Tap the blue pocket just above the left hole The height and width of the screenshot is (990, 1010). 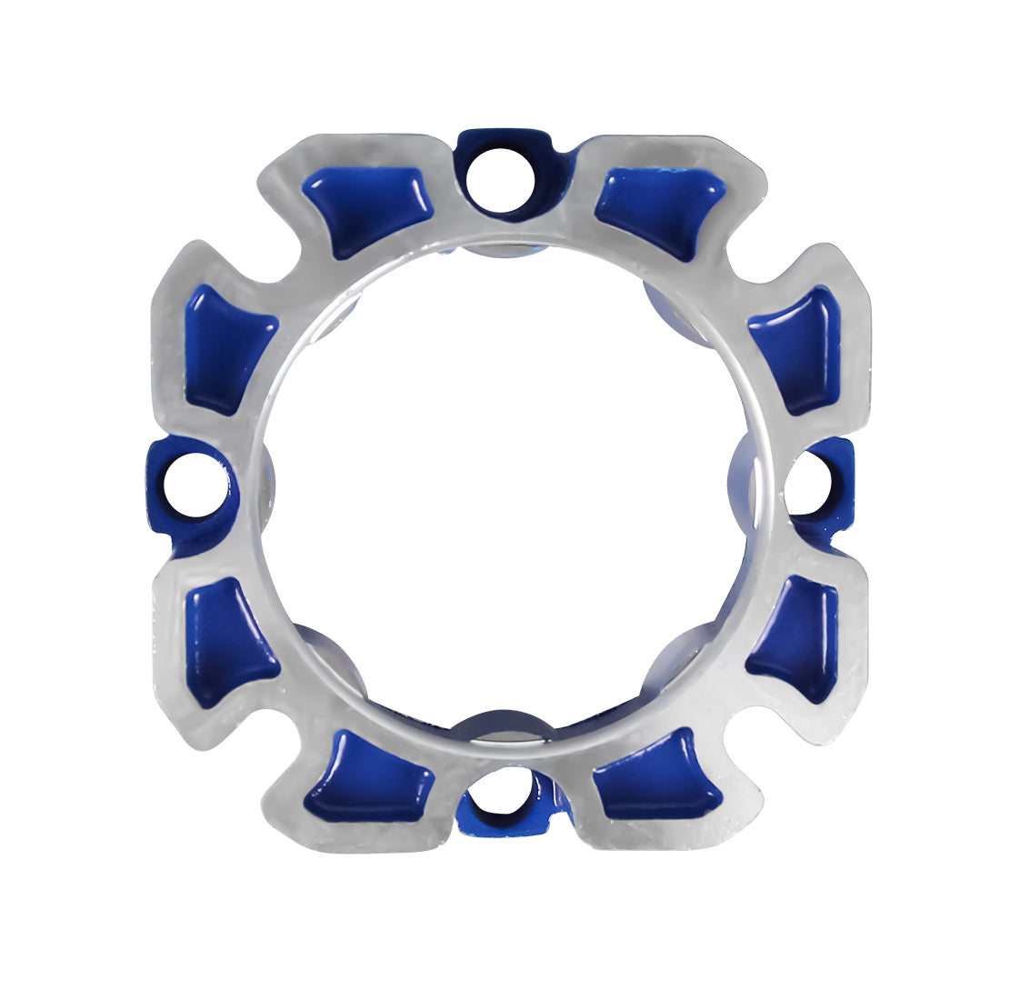227,346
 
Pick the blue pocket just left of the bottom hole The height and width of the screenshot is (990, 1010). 369,777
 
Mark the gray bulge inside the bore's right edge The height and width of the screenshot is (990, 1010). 742,482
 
